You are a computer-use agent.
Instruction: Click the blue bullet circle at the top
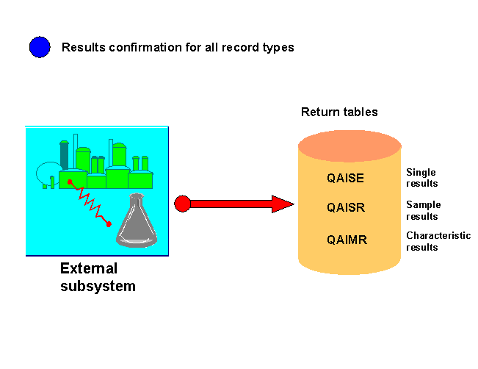tap(40, 48)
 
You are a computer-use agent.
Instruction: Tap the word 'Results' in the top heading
tap(83, 48)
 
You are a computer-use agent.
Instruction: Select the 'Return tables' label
tap(339, 112)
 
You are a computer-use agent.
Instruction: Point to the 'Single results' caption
tap(421, 178)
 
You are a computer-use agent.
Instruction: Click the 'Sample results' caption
tap(423, 210)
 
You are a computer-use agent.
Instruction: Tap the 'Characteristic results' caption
tap(438, 241)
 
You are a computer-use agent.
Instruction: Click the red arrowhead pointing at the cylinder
tap(282, 204)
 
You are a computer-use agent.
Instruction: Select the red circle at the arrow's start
tap(183, 204)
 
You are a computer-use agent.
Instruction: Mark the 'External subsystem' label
tap(98, 277)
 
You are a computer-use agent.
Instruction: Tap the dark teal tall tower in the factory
tap(64, 154)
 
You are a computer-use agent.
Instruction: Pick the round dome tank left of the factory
tap(48, 173)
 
